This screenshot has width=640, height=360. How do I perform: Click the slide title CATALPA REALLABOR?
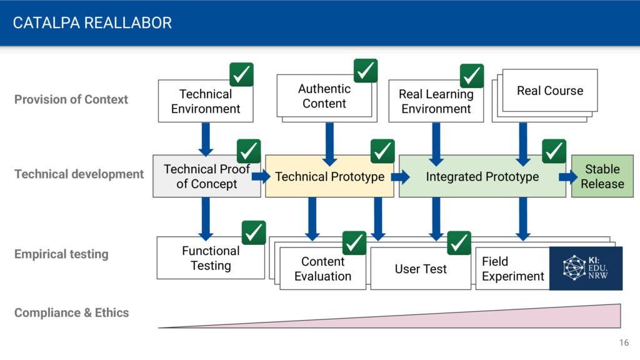[92, 23]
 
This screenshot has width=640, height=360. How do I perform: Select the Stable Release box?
[602, 176]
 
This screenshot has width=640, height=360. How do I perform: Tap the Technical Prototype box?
[329, 176]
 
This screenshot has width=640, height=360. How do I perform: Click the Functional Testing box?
[211, 258]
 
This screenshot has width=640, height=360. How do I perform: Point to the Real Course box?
[550, 91]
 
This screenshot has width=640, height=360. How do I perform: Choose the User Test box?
[421, 269]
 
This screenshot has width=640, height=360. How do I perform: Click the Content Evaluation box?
[322, 269]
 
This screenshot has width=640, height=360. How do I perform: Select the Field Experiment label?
[512, 269]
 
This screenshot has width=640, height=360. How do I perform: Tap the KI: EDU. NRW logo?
[586, 268]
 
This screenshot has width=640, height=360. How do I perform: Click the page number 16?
[624, 342]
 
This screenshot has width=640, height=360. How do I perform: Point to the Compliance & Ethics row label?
[71, 312]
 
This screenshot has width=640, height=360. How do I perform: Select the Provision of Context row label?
[71, 99]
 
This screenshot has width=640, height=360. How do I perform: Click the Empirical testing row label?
[61, 254]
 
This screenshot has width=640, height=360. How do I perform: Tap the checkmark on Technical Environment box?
[241, 74]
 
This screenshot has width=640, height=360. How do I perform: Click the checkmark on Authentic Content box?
[365, 71]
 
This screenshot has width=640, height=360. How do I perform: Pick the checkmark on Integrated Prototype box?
[554, 151]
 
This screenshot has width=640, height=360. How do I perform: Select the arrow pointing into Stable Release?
[567, 177]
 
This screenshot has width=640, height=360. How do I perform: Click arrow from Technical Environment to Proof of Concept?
[206, 139]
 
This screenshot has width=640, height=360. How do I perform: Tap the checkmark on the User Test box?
[459, 243]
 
